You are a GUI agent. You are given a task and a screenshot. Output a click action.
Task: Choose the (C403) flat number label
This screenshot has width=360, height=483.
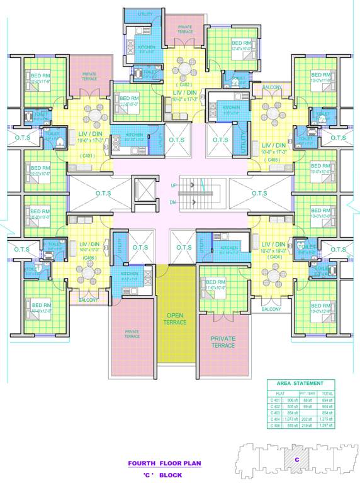[273, 160]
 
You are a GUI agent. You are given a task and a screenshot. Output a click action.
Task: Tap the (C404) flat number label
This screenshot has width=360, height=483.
[274, 257]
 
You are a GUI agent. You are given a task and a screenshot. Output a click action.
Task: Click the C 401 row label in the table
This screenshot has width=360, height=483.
[276, 399]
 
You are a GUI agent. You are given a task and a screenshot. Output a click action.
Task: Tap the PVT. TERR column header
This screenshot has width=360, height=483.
[309, 393]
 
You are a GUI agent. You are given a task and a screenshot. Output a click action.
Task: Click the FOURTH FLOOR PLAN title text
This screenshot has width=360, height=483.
[164, 463]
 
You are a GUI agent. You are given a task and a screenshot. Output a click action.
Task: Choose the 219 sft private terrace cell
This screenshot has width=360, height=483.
[309, 425]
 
